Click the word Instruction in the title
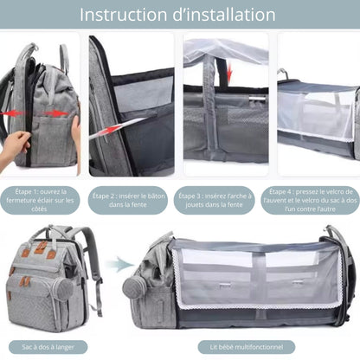point(123,15)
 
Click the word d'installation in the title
point(224,15)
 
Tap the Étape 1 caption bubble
point(40,200)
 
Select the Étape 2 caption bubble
point(128,200)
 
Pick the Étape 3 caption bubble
point(215,200)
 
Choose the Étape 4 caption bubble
point(311,200)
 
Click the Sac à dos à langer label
point(48,347)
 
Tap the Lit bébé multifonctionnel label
point(247,347)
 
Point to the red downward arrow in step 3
point(229,73)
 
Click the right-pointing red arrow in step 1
point(56,113)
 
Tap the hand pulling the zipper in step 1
point(13,146)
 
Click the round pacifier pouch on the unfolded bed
point(133,288)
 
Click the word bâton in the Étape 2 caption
point(156,196)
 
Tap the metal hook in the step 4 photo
point(283,74)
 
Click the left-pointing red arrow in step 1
point(11,113)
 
